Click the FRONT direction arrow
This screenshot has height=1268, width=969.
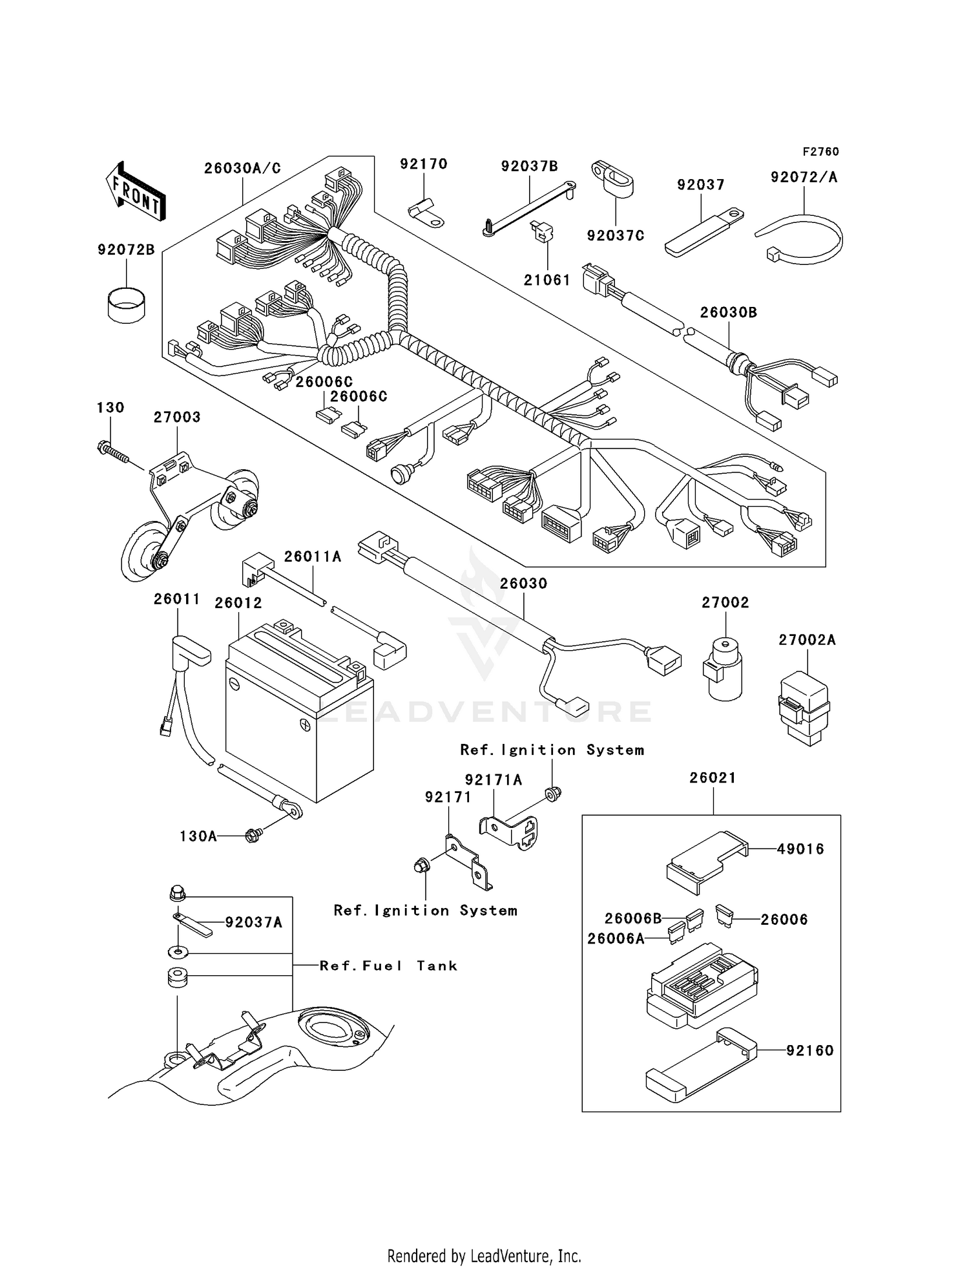tap(136, 192)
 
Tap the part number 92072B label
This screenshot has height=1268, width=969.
tap(126, 250)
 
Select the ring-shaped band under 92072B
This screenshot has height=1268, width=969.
tap(126, 304)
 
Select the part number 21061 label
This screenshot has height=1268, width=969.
tap(547, 280)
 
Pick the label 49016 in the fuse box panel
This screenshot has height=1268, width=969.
tap(800, 849)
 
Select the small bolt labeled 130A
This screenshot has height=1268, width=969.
tap(253, 835)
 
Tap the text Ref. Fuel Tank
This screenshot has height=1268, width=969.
tap(388, 966)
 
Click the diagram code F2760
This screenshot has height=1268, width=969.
tap(820, 152)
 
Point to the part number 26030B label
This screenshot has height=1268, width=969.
tap(729, 312)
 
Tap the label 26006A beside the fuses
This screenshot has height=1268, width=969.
tap(616, 938)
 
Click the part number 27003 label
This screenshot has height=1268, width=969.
tap(177, 417)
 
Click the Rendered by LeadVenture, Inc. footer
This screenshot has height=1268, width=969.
tap(484, 1256)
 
